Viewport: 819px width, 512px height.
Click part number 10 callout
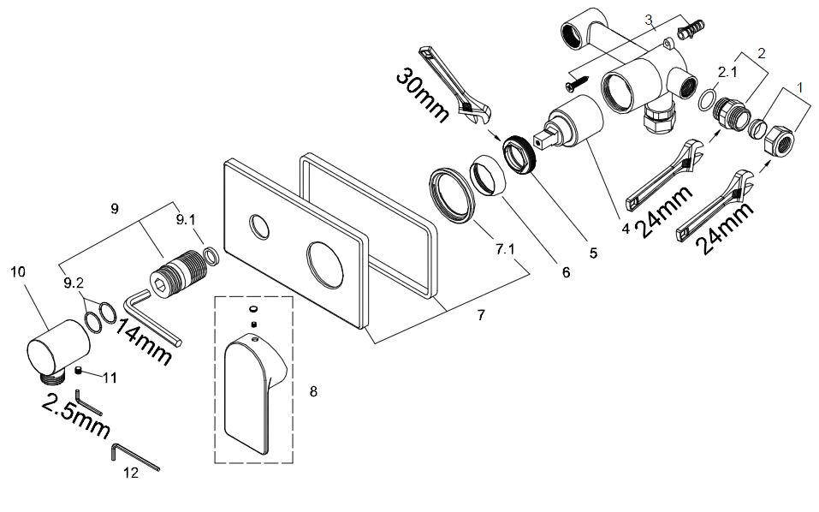point(18,272)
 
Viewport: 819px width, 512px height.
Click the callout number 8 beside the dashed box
point(313,391)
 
